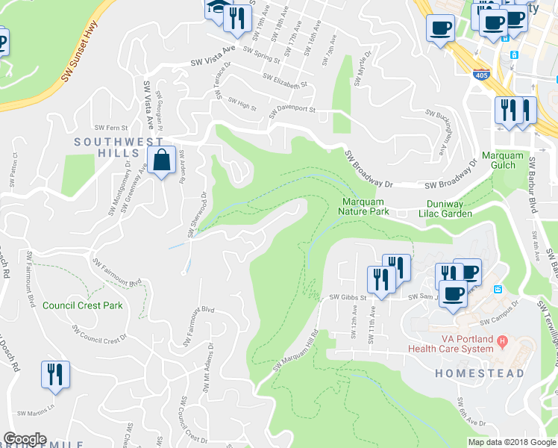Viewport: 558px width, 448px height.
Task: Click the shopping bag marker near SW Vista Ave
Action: [161, 160]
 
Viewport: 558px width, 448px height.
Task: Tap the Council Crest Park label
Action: [83, 305]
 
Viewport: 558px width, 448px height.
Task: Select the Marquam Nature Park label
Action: [366, 207]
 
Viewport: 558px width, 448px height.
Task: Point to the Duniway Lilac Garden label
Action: [449, 208]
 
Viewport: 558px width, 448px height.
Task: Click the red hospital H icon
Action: [502, 343]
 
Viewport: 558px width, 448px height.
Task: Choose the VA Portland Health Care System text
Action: [450, 344]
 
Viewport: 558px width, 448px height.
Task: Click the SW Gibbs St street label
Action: [349, 296]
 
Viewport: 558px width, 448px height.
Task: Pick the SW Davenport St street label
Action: [292, 109]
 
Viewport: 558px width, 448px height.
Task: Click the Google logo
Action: [25, 439]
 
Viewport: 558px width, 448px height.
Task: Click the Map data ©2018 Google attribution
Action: [512, 442]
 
